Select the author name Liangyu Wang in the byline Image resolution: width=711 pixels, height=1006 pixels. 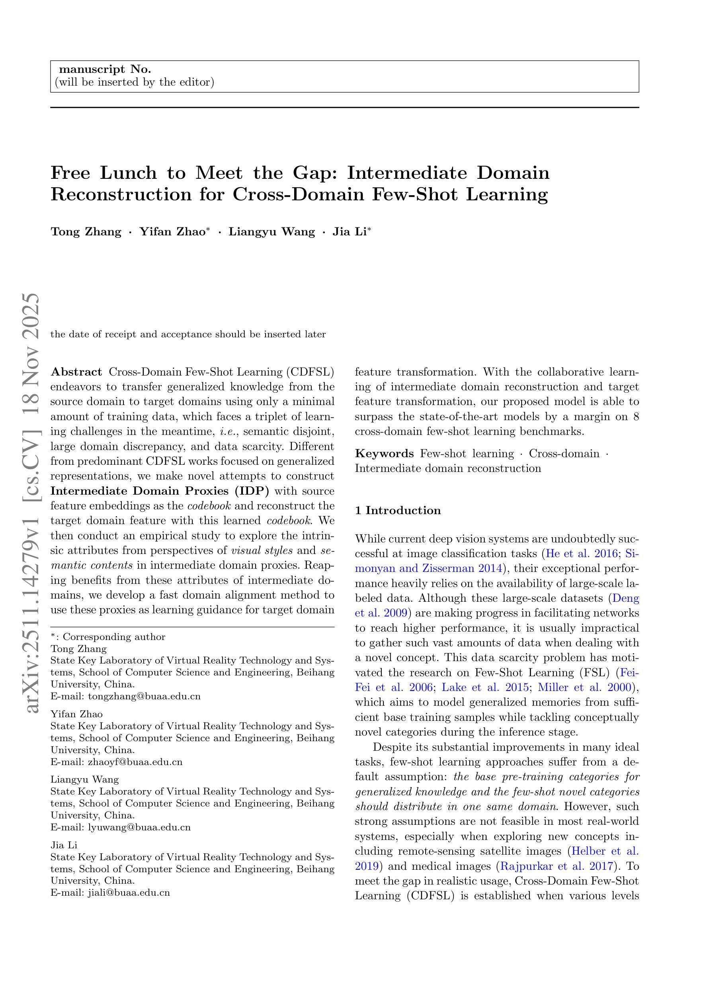(272, 232)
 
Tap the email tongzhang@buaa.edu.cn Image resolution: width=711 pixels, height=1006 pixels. (144, 696)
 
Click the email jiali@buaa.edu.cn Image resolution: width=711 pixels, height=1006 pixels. (129, 892)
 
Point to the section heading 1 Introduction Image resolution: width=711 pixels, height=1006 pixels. (397, 511)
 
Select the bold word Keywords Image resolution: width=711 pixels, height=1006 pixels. (384, 454)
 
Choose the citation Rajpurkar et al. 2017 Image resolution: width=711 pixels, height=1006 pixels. (555, 866)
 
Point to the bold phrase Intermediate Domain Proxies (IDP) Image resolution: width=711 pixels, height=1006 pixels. (160, 491)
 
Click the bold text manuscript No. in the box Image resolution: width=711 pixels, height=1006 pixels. (105, 70)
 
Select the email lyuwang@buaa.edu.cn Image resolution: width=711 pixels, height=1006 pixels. (139, 827)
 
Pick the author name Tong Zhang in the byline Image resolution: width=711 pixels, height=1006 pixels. (86, 232)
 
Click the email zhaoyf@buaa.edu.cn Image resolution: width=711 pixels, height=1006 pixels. (135, 762)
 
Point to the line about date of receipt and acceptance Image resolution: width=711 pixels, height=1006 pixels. (188, 334)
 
